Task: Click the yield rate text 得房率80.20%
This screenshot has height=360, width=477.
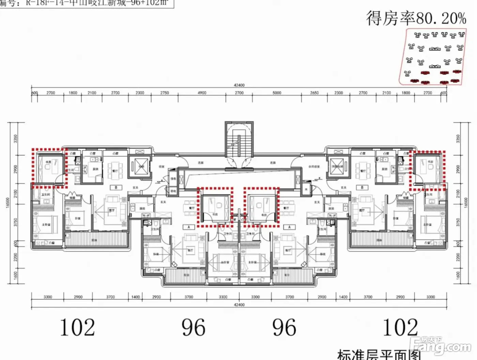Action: coord(416,18)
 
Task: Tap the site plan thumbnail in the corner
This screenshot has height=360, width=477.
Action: coord(432,57)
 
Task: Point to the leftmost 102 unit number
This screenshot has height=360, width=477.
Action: coord(77,328)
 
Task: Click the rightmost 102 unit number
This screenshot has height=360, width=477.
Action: coord(400,328)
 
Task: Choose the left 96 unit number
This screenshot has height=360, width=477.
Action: coord(193,328)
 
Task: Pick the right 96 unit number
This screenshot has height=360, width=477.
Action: coord(284,328)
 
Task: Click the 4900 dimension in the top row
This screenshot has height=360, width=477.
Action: coord(202,93)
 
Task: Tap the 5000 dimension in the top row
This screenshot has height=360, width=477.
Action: coord(277,93)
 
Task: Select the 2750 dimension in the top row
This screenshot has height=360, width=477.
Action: coord(165,93)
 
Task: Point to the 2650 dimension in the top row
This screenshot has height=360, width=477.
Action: coord(314,93)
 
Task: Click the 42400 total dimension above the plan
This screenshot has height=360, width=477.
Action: coord(239,85)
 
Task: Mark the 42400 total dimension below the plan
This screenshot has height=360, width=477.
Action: coord(239,305)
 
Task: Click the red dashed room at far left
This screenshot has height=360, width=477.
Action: coord(49,168)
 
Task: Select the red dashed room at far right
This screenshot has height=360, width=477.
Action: coord(427,170)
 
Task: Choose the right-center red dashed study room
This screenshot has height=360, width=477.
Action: coord(261,207)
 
